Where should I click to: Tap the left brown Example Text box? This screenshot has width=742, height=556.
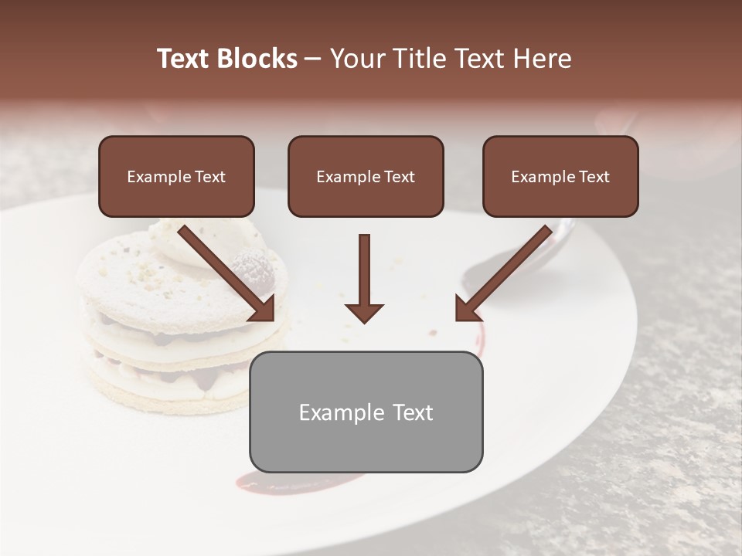pos(176,177)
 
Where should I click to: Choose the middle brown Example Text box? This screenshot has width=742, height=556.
pos(366,177)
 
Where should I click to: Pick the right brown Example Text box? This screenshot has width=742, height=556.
pos(560,177)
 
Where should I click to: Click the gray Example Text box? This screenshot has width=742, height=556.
pos(366,412)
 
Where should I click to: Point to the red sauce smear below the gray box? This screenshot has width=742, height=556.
pos(294,483)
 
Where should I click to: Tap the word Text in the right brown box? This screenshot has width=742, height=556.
pos(594,177)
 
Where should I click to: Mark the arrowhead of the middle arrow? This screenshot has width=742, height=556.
pos(364,312)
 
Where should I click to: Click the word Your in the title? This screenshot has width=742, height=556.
pos(356,59)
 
